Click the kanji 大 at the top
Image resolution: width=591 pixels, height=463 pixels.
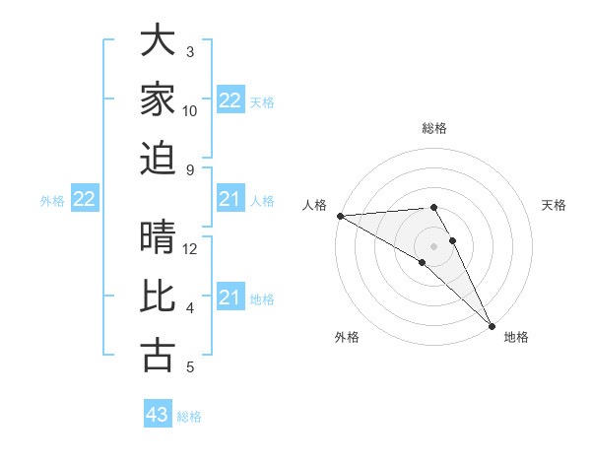pos(159,42)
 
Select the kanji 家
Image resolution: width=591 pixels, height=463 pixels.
pos(159,99)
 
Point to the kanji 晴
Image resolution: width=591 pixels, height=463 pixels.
pos(159,239)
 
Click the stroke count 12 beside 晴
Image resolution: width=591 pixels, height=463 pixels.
pos(191,248)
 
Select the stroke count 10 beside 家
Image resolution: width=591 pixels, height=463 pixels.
pos(190,110)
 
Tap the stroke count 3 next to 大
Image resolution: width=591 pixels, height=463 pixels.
pos(190,51)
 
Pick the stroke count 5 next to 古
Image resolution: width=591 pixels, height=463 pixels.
pos(190,367)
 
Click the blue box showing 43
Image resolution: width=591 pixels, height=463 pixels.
pos(158,415)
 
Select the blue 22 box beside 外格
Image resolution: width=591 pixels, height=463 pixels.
pos(85,200)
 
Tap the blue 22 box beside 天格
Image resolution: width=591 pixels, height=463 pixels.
pos(230,100)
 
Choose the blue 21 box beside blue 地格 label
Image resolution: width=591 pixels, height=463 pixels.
pos(230,298)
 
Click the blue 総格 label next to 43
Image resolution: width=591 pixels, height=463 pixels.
pos(189,417)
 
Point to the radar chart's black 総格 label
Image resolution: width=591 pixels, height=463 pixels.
pos(433,128)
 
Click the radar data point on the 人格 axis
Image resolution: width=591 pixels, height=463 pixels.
pos(340,216)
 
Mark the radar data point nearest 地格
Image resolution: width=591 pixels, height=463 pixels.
pos(491,325)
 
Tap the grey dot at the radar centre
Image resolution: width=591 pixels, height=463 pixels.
pos(433,245)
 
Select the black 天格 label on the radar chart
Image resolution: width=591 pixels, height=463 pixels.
pos(554,204)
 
